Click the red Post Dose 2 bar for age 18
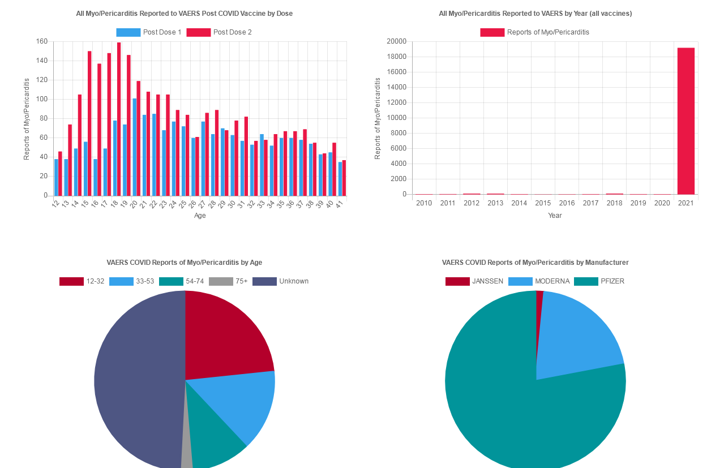tap(119, 119)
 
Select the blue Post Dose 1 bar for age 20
tap(134, 147)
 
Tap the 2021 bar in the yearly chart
tap(686, 121)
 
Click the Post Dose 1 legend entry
tap(149, 32)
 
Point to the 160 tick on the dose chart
tap(42, 41)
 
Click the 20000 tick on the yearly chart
tap(396, 41)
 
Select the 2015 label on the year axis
tap(543, 203)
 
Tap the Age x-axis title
tap(200, 216)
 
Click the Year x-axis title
tap(555, 216)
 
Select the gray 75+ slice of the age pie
tap(187, 458)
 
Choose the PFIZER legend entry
tap(599, 281)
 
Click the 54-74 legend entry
tap(181, 281)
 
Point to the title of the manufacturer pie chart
tap(535, 263)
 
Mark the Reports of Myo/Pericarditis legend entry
tap(535, 32)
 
